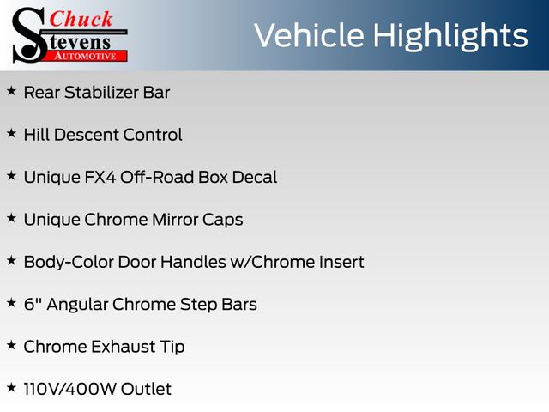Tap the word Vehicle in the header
(309, 35)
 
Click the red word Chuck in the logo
(81, 19)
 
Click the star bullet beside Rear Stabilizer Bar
(11, 91)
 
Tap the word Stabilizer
(101, 93)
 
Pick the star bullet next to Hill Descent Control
(11, 134)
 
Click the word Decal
(255, 178)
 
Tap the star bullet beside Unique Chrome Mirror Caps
(11, 218)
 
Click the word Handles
(193, 262)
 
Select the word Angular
(77, 305)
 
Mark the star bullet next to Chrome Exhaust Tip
(11, 345)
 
